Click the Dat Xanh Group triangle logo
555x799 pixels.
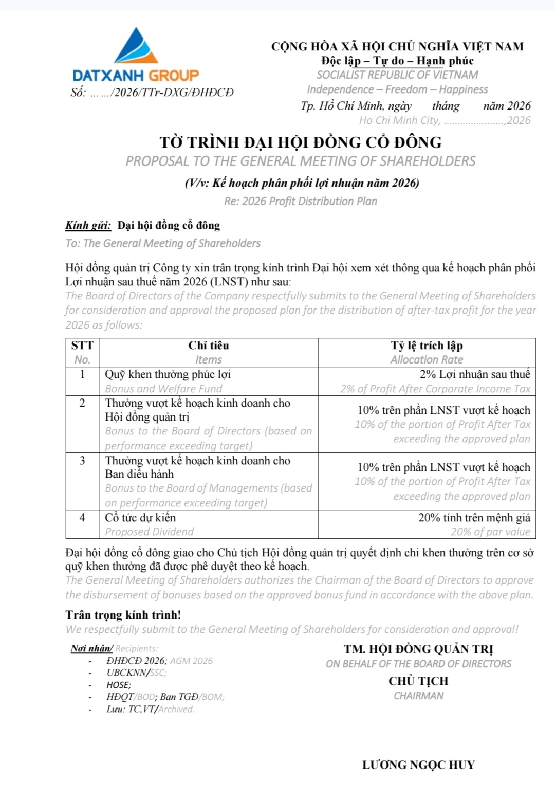click(136, 47)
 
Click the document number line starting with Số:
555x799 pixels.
click(152, 93)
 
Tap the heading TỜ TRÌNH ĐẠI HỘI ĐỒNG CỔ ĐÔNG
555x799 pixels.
click(301, 142)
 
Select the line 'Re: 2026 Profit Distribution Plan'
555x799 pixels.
click(301, 201)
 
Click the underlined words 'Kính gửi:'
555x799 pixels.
click(88, 225)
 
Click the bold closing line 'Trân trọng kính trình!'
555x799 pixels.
click(123, 615)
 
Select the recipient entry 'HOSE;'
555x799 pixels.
click(119, 685)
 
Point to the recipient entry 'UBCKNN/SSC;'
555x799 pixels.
click(137, 673)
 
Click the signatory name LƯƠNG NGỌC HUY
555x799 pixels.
click(418, 765)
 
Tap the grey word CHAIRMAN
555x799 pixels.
click(418, 696)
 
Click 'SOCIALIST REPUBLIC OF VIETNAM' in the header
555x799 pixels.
click(397, 75)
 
